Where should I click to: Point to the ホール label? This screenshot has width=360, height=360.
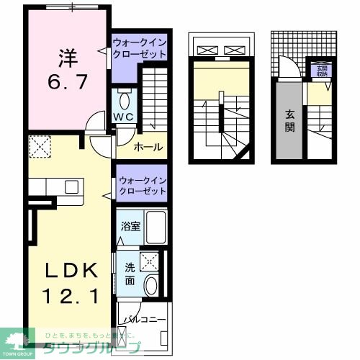148,147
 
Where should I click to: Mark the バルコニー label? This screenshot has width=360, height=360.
143,318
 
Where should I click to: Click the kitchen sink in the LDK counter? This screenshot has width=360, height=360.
71,186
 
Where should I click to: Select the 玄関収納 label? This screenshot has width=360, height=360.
320,69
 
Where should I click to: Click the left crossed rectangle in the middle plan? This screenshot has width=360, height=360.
207,50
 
